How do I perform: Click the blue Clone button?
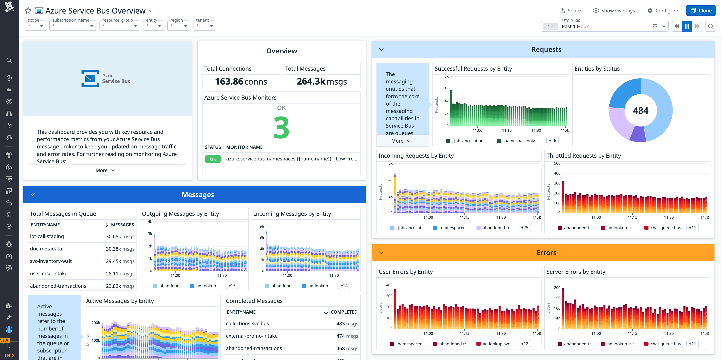tap(701, 11)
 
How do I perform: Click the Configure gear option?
tap(663, 11)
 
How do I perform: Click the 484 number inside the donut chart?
tap(640, 111)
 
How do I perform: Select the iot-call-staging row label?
tap(47, 236)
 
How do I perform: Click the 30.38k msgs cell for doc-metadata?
tap(120, 249)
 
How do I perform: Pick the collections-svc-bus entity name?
tap(247, 323)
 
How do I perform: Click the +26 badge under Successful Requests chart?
tap(552, 141)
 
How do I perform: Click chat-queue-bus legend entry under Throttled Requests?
tap(665, 228)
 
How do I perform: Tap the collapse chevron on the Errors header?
tap(381, 253)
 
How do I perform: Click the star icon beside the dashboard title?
tap(28, 11)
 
